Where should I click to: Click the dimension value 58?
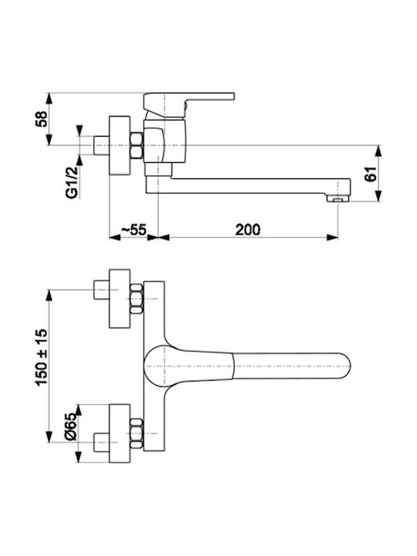tap(41, 119)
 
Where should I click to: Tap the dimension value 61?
tap(371, 173)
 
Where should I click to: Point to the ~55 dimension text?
tap(134, 229)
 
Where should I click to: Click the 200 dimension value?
tap(248, 229)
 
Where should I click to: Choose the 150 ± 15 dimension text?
tap(41, 357)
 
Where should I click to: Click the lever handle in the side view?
tap(188, 106)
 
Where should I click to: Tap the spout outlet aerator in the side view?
tap(337, 200)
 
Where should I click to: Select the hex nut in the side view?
tap(136, 145)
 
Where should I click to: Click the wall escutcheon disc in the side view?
tap(120, 145)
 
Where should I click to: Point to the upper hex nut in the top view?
tap(136, 299)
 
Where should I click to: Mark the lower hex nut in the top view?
tap(136, 433)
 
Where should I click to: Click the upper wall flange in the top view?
tap(120, 299)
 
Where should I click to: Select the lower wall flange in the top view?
tap(120, 433)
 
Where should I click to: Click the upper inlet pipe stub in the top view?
tap(101, 290)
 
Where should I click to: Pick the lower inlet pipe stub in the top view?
tap(101, 442)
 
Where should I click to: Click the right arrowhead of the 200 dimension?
tap(332, 238)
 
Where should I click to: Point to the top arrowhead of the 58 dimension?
tap(49, 99)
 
